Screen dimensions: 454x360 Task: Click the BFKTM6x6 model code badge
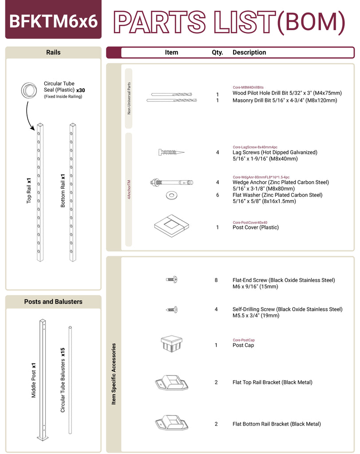53,20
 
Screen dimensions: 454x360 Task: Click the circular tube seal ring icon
29,90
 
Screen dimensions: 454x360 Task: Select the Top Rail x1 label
29,191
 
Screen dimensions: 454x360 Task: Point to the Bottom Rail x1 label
63,190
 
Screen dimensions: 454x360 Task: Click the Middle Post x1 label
34,380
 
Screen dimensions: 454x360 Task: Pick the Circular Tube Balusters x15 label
63,380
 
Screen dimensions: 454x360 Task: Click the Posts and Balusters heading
53,301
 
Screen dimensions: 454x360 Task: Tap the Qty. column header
217,52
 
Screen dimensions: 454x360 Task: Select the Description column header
249,52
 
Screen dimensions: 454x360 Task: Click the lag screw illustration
171,153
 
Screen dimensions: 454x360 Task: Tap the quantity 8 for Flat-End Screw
216,280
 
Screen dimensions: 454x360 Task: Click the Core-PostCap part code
243,340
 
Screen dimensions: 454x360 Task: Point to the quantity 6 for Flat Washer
218,195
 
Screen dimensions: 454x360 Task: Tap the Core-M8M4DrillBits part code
248,87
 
